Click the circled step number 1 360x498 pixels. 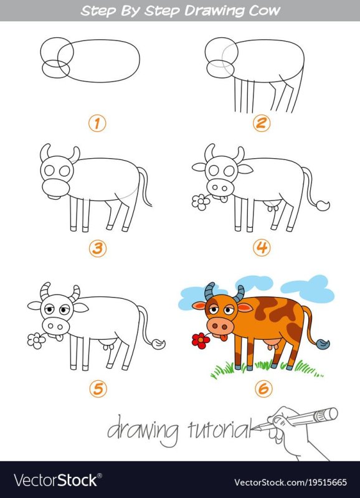(x=97, y=123)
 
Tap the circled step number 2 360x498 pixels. (x=262, y=123)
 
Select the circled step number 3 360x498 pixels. (x=97, y=248)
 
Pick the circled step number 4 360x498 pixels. (x=262, y=248)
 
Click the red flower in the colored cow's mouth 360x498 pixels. (x=199, y=340)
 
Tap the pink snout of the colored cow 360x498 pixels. (x=220, y=326)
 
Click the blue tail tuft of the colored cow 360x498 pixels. (x=324, y=344)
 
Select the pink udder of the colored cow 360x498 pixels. (x=272, y=344)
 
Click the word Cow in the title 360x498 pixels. (x=262, y=11)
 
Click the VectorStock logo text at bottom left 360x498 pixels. (x=55, y=480)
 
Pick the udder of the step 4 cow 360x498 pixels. (x=272, y=205)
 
